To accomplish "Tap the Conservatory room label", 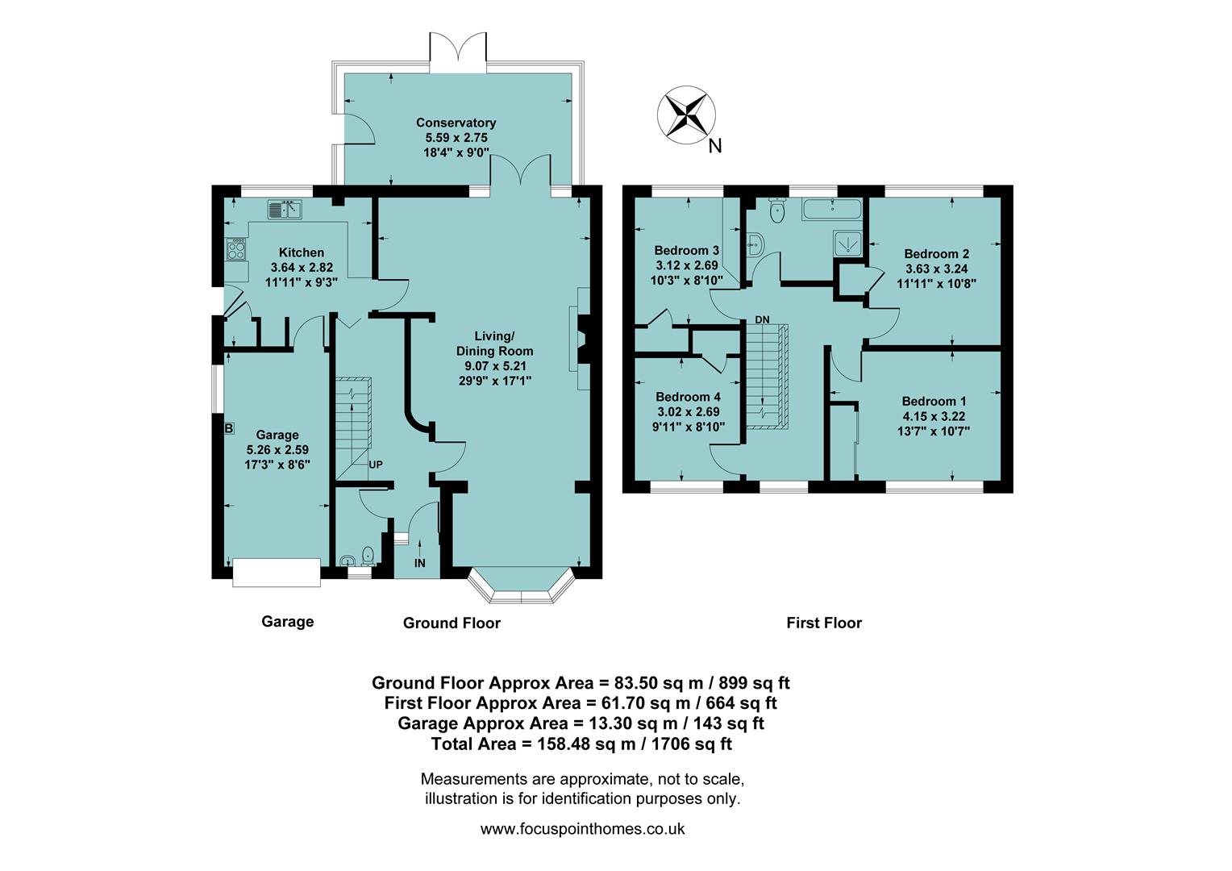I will tap(456, 123).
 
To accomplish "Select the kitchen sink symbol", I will tap(285, 210).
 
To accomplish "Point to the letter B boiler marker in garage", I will tap(229, 428).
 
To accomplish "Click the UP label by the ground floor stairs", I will tap(376, 465).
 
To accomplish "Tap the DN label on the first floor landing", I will tap(762, 319).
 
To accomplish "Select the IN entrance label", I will tap(419, 563).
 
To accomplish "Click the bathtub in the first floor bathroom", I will tap(831, 211).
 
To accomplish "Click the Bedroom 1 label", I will tap(934, 402).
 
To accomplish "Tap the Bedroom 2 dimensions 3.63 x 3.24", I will tap(936, 269).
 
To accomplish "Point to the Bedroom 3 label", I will tap(686, 249).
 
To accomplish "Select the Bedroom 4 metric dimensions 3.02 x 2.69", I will tap(687, 412).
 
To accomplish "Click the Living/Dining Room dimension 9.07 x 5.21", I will tap(494, 365).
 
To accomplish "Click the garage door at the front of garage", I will tap(276, 573).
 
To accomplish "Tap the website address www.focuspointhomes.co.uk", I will tap(582, 828).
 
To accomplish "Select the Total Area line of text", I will tap(581, 744).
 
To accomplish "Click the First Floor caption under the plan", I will tap(823, 623).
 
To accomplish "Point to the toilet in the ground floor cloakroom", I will tap(368, 555).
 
